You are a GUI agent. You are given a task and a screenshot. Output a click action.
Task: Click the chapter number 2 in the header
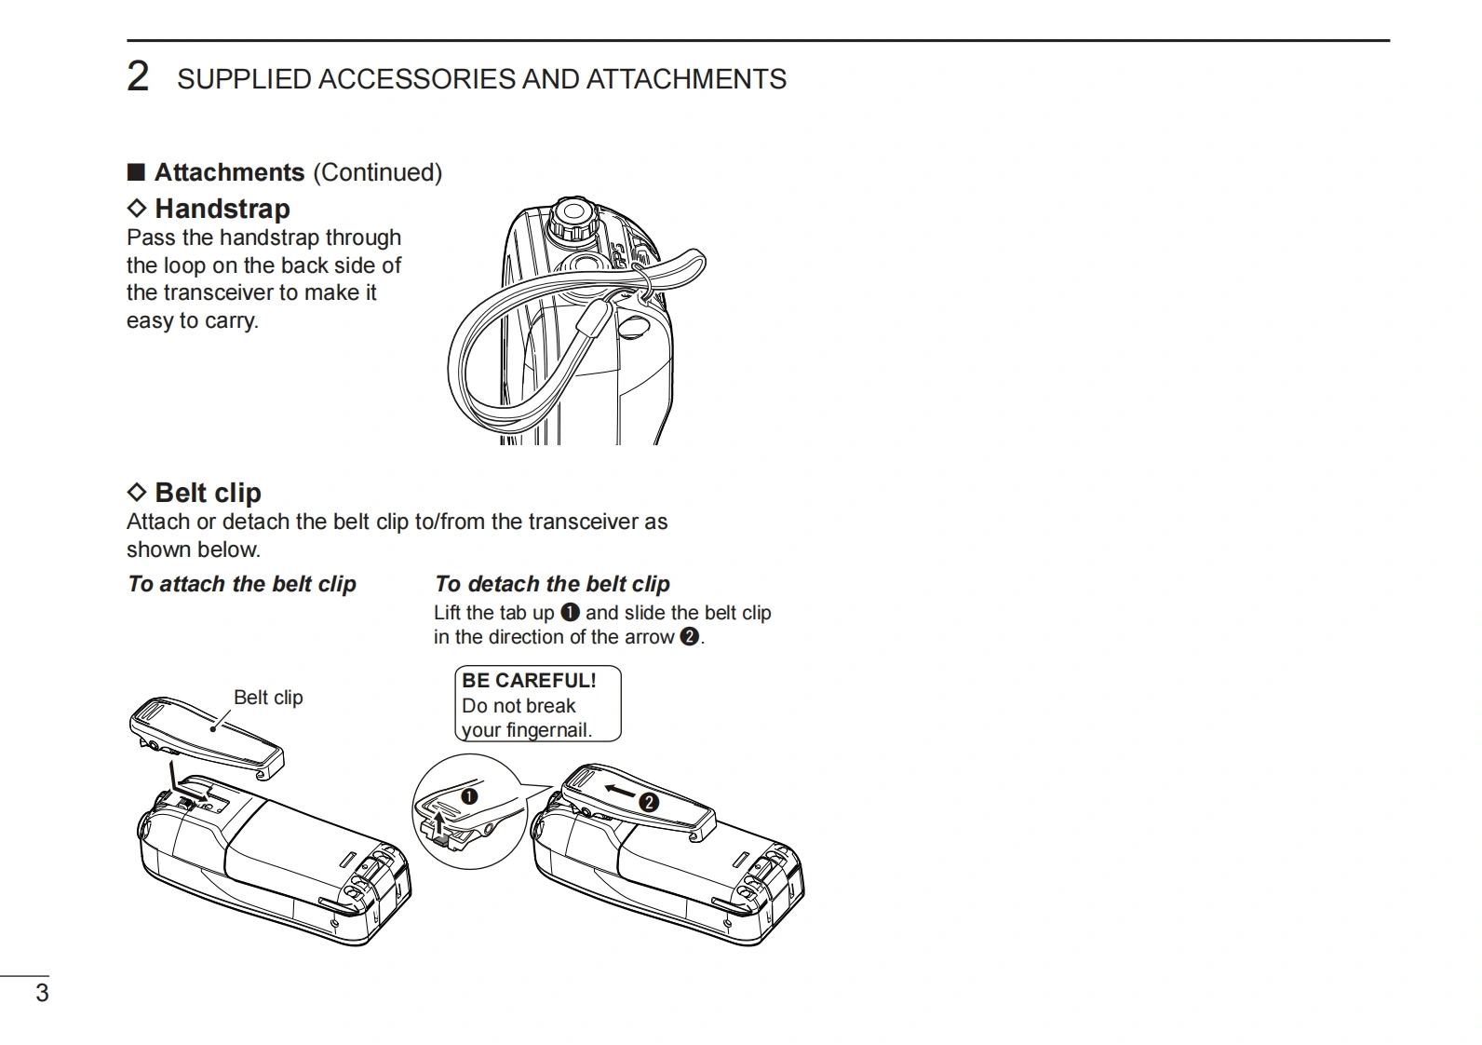pos(138,76)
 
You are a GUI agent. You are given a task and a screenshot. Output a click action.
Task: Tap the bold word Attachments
pos(229,172)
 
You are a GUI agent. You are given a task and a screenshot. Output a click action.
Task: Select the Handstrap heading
pos(222,209)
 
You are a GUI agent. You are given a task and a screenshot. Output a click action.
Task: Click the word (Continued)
pos(377,172)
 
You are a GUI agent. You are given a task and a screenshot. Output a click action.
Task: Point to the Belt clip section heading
pos(207,493)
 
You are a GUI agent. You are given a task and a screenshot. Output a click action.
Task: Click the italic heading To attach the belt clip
pos(242,584)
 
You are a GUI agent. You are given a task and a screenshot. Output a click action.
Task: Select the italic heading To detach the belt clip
pos(552,584)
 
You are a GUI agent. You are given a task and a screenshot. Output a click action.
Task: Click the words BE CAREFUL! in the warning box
pos(529,681)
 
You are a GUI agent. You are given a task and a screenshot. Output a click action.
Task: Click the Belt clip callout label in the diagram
pos(268,698)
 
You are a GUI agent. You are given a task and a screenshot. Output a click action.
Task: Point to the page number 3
pos(42,993)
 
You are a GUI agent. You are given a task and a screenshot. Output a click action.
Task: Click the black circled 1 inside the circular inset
pos(469,796)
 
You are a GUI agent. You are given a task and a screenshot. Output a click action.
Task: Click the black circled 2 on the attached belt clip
pos(649,802)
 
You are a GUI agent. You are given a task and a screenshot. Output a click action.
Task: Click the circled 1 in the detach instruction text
pos(571,613)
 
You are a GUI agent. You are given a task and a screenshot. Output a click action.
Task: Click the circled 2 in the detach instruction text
pos(689,637)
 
